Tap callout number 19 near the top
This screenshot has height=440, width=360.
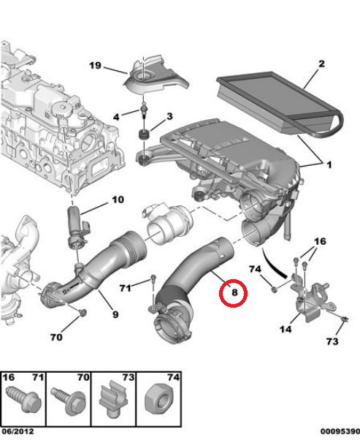(95, 65)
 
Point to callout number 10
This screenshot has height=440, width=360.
(118, 199)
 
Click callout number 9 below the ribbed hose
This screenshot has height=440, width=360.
(115, 314)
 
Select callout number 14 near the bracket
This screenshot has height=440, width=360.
(286, 329)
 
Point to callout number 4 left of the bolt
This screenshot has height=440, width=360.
(116, 117)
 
